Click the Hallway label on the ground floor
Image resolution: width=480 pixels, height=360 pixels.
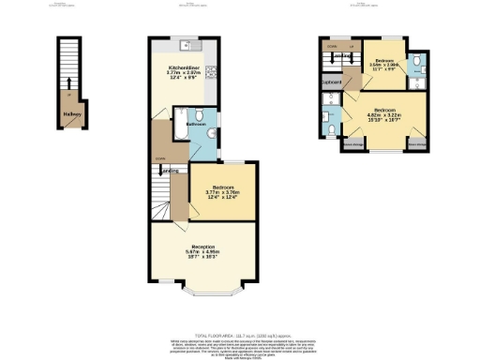click(71, 115)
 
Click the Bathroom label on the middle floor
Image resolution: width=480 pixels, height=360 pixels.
click(196, 124)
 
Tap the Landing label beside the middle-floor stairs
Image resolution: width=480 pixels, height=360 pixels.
click(170, 172)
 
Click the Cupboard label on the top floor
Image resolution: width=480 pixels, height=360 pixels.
click(330, 82)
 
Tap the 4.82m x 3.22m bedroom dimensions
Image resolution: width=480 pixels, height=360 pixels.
click(384, 115)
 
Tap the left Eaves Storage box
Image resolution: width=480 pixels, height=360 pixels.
click(352, 144)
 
